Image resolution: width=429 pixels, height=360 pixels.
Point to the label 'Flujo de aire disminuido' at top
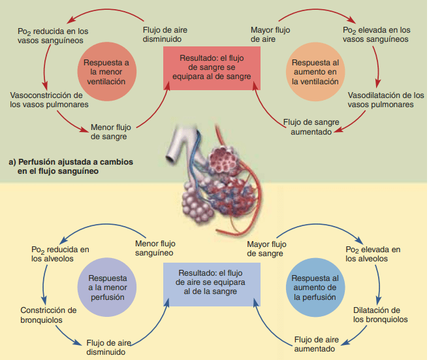pos(167,34)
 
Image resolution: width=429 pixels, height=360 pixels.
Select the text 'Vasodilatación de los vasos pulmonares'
pos(381,100)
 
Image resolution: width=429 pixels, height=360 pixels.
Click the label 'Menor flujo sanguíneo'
pos(155,248)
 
